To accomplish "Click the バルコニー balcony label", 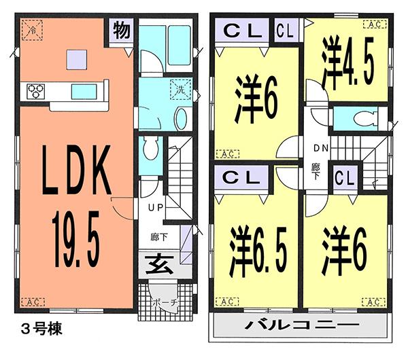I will point(301,327).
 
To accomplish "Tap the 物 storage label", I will point(122,31).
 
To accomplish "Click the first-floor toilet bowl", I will point(151,147).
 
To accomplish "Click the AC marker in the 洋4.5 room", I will point(372,24).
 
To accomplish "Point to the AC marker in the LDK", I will point(33,302).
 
